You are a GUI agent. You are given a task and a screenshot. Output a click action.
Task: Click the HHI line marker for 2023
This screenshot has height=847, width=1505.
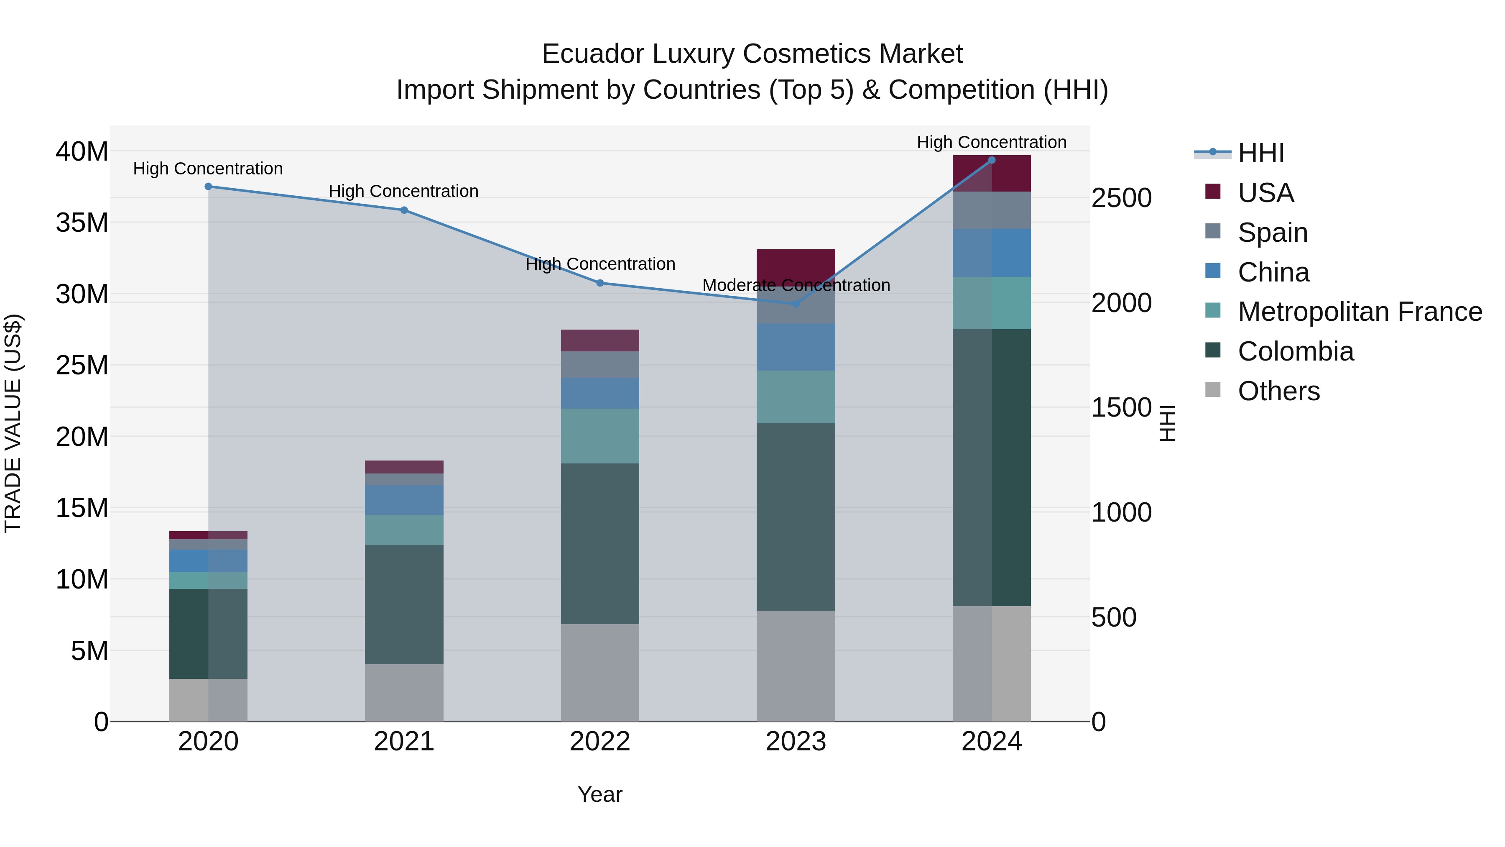796,304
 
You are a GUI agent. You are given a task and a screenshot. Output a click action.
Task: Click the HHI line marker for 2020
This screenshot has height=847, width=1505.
208,187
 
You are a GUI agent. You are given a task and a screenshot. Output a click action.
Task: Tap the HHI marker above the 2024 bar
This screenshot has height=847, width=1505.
992,160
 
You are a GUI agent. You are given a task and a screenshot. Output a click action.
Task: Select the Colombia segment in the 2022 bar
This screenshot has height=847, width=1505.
600,544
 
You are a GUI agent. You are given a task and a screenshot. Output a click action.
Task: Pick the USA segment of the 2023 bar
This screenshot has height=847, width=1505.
796,266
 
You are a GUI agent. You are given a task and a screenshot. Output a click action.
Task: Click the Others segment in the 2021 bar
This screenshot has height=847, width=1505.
404,693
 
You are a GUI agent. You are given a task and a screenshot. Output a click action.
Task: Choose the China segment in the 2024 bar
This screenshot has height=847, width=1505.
992,253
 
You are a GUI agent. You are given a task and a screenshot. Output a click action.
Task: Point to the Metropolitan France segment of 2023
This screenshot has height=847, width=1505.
796,397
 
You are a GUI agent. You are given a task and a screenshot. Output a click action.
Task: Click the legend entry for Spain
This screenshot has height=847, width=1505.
1273,233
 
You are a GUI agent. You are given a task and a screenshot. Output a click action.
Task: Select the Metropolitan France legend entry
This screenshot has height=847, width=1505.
1360,312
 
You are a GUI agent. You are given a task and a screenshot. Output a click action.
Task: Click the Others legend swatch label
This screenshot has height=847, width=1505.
1278,391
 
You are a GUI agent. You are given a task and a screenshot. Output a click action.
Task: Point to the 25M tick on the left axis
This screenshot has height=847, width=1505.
82,365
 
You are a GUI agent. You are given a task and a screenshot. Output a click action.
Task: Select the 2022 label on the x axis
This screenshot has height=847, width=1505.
600,742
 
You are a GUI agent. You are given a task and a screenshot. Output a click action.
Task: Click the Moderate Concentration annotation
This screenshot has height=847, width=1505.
796,285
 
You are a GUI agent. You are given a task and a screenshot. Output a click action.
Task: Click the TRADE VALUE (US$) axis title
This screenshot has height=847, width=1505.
13,423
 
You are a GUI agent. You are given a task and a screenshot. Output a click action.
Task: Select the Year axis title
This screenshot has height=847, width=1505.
600,794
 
